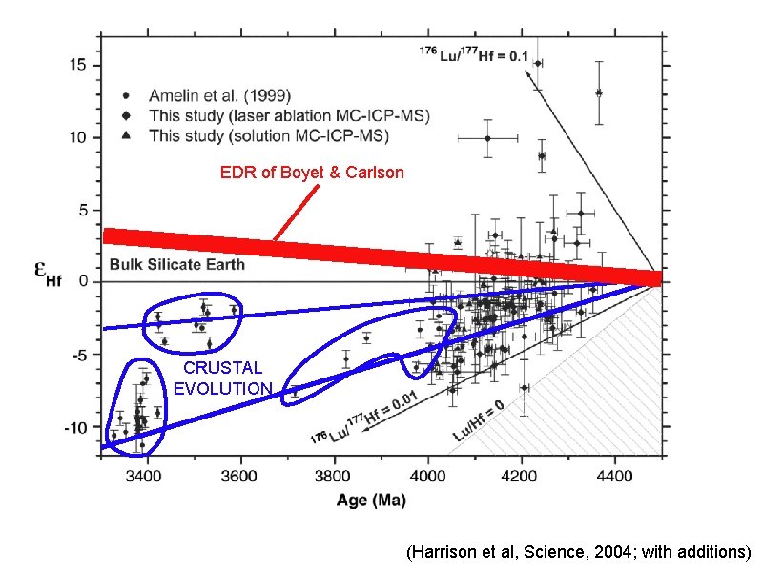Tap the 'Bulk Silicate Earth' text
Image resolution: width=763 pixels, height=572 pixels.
click(176, 264)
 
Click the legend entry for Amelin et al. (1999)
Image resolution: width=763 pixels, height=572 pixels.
click(220, 95)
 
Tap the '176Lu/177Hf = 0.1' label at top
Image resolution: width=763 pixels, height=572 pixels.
click(474, 55)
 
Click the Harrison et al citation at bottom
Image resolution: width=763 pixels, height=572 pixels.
click(578, 552)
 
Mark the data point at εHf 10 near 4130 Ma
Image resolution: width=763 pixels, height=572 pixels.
click(487, 138)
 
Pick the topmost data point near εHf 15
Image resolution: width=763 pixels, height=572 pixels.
click(538, 64)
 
